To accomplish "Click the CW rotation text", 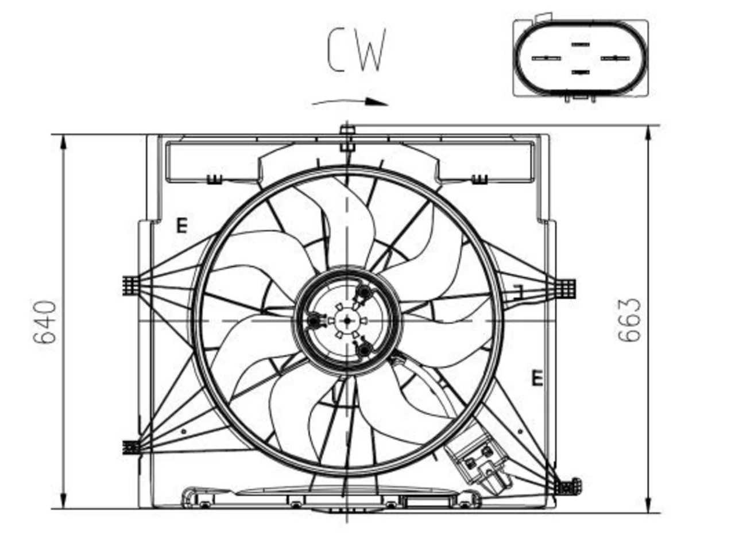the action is tap(357, 50).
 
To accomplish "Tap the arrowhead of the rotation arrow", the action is tap(377, 102).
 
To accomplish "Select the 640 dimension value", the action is tap(45, 322).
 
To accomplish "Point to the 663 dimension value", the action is tap(629, 320).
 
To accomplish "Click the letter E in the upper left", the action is tap(182, 225).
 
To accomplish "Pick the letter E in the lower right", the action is tap(537, 378).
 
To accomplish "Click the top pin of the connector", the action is tap(581, 44).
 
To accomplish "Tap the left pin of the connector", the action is tap(546, 58).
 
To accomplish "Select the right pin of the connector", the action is tap(615, 58).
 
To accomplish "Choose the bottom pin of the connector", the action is tap(581, 72).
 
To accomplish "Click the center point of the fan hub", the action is tap(347, 320).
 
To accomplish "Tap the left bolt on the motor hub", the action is tap(314, 320).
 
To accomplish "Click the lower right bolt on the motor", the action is tap(364, 350).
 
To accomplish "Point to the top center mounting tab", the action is tap(347, 138).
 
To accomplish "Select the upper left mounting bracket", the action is tap(131, 286).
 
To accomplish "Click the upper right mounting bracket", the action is tap(567, 288).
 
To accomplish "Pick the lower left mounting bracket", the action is tap(131, 447).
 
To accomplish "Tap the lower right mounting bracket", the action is tap(567, 487).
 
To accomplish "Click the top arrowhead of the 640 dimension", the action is tap(63, 142).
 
